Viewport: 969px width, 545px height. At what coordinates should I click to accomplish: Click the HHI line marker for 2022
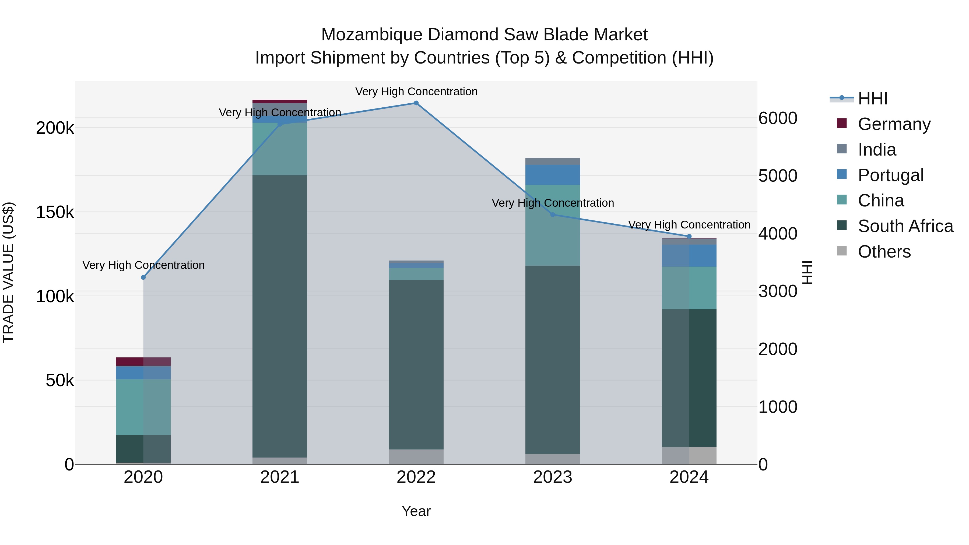416,103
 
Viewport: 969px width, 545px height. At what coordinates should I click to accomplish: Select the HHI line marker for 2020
143,277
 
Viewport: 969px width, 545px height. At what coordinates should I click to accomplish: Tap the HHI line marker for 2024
689,237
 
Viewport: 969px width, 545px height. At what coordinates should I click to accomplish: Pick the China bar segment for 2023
553,225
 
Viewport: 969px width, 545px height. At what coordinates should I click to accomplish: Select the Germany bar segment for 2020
143,361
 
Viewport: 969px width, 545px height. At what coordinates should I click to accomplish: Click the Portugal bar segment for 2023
553,174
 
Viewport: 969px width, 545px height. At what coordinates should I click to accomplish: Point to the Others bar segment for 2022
416,457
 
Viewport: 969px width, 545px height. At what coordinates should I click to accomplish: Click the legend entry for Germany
894,124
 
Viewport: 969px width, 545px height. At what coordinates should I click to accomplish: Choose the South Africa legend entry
905,226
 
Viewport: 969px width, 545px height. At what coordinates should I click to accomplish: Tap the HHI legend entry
873,99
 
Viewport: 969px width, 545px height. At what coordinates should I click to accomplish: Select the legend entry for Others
884,252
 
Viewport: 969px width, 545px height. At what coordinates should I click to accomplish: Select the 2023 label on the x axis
553,477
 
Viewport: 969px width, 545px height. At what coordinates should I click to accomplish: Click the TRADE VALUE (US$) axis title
8,272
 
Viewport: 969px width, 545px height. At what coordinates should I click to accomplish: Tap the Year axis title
416,511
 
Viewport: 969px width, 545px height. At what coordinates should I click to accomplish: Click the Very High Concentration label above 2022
416,92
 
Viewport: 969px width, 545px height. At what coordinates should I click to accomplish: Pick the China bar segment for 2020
143,407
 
